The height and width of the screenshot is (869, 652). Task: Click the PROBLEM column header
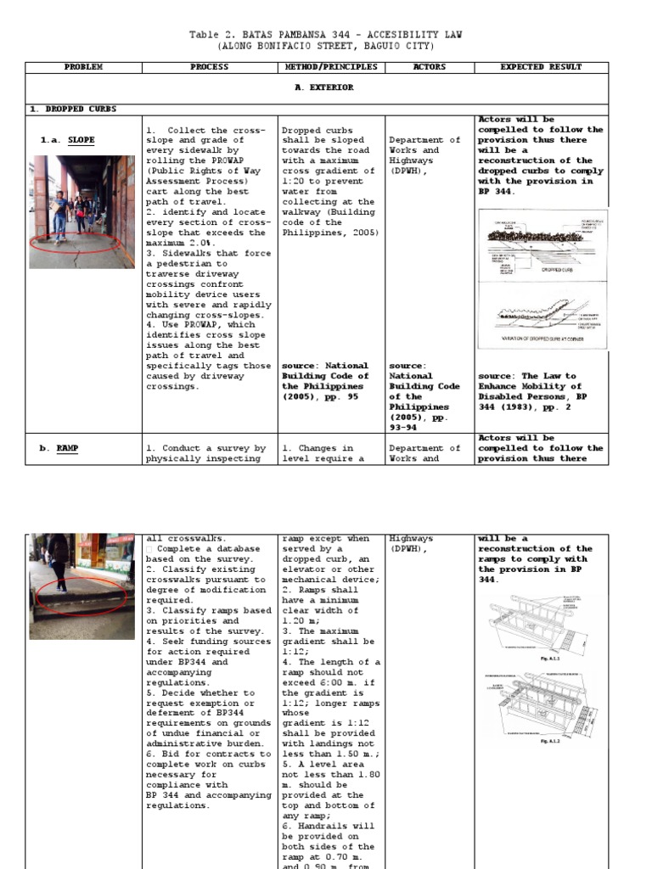point(83,66)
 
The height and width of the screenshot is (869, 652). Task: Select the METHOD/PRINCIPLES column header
point(330,66)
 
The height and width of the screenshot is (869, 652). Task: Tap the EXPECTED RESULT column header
point(541,66)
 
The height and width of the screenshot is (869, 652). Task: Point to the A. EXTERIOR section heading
point(323,87)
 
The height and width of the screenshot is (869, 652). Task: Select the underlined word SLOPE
point(81,140)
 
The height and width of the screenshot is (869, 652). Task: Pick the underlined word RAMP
point(68,448)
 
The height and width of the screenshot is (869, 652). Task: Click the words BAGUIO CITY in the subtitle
point(402,46)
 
